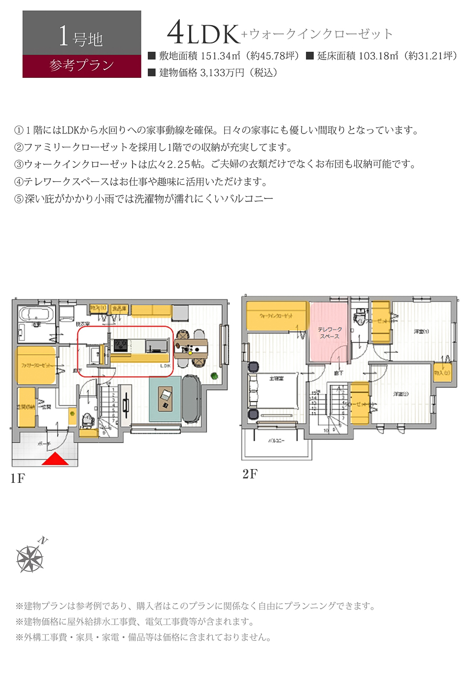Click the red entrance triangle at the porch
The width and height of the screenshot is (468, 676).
point(55,459)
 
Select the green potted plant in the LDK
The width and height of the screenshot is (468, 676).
point(214,376)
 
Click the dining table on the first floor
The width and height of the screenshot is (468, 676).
point(191,348)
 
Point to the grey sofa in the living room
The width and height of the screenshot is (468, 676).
point(191,398)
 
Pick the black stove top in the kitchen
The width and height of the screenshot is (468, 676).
point(121,345)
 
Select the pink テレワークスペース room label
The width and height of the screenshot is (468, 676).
point(329,333)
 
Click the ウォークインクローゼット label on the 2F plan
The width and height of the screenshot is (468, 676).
point(276,316)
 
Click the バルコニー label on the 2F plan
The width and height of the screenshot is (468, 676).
point(276,440)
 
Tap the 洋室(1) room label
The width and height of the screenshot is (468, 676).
point(421,332)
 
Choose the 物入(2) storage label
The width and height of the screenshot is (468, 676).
point(442,373)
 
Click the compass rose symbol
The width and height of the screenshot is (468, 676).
point(31,558)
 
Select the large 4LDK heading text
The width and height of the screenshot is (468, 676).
point(203,34)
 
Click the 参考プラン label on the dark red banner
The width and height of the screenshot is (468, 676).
point(82,66)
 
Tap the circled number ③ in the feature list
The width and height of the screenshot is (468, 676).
point(19,165)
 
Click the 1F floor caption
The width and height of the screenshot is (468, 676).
point(17,478)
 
